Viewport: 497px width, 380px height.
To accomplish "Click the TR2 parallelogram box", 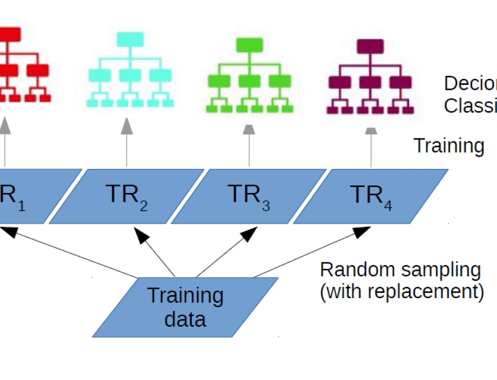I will point(126,196).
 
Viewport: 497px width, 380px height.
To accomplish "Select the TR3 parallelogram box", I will point(248,196).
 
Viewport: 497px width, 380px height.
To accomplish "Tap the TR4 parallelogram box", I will point(371,196).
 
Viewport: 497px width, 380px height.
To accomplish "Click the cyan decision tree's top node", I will point(130,38).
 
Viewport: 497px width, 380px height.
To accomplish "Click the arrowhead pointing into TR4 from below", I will point(362,231).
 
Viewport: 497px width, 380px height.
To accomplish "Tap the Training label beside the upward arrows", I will point(449,146).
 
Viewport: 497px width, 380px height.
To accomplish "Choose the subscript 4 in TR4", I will point(388,205).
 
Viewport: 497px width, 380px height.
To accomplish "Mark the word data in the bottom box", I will point(185,319).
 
